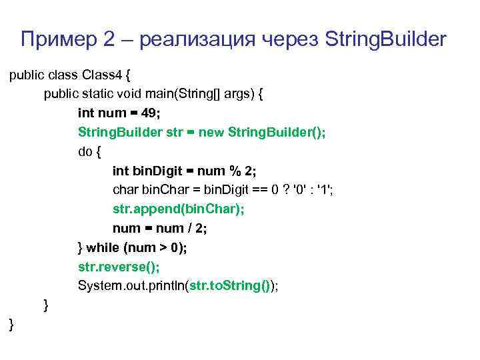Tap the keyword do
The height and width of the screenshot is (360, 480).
[x=86, y=151]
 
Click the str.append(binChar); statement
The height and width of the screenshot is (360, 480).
[x=178, y=209]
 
